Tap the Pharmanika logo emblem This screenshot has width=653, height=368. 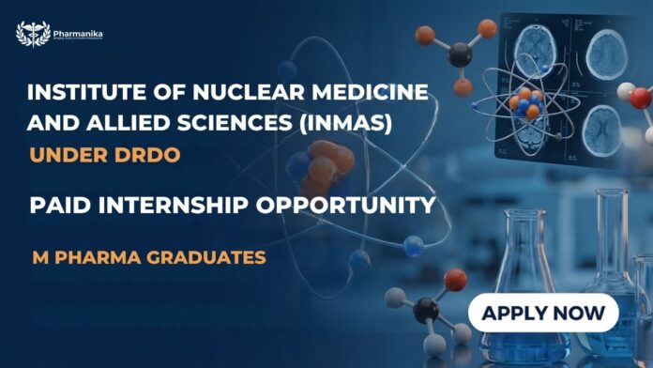click(x=33, y=35)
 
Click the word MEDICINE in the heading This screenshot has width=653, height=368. click(x=379, y=94)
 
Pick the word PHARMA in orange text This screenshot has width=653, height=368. click(x=96, y=254)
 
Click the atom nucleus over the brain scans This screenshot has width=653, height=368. click(x=528, y=104)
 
